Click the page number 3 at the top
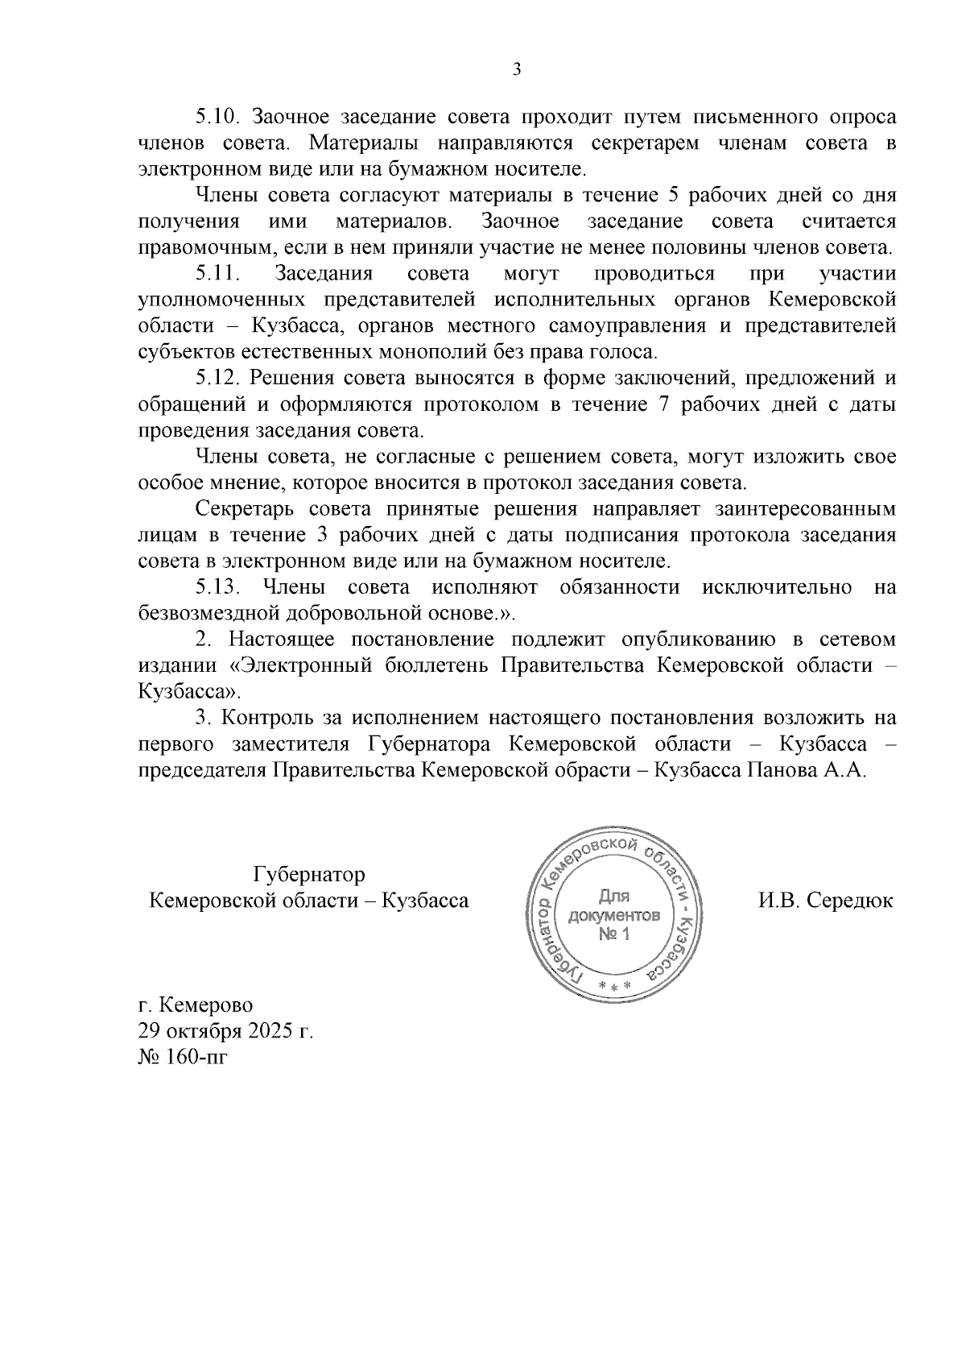coord(517,70)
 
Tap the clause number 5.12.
coord(219,379)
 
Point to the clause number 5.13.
coord(219,588)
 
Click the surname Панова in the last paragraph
coord(780,770)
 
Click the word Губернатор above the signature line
coord(309,875)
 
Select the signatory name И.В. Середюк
coord(825,901)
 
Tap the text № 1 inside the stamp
coord(614,934)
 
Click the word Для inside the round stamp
coord(614,897)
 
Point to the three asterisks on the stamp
coord(613,987)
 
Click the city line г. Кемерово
coord(196,1006)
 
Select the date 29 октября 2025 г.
coord(225,1031)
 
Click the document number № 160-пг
coord(184,1057)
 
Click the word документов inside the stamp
coord(614,916)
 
